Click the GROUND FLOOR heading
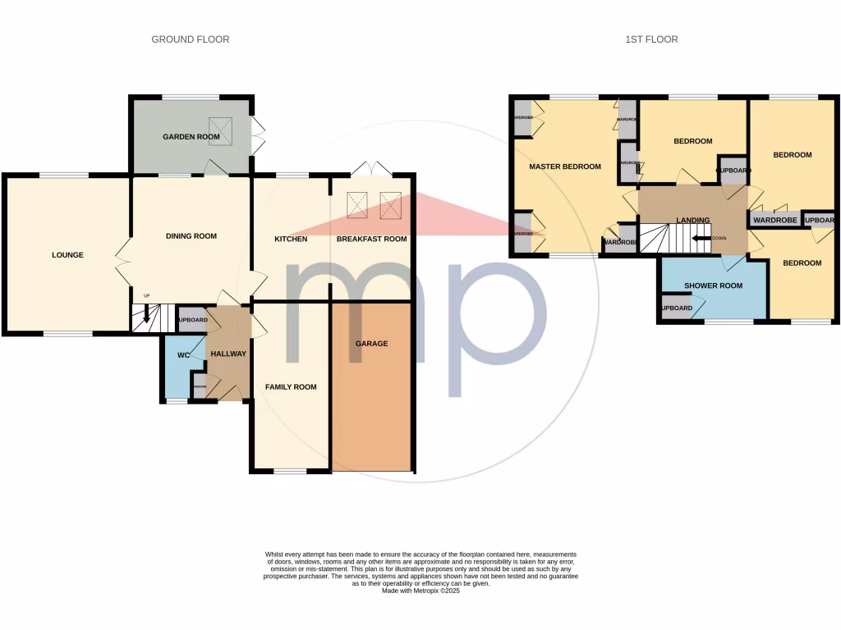pos(190,39)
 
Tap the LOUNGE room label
pos(67,255)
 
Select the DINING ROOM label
pos(191,236)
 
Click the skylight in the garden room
pos(221,131)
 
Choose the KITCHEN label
pos(291,239)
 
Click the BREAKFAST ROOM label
pos(371,239)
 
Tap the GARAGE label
pos(371,343)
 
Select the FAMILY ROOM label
pos(290,386)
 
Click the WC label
pos(184,354)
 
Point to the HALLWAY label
pos(227,354)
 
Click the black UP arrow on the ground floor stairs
pos(147,313)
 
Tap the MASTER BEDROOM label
pos(564,167)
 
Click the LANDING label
pos(692,220)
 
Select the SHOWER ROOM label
pos(713,285)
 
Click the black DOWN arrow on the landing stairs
pos(701,239)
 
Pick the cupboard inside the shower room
pos(676,308)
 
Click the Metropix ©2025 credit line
pos(420,591)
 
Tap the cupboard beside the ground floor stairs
pos(192,319)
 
